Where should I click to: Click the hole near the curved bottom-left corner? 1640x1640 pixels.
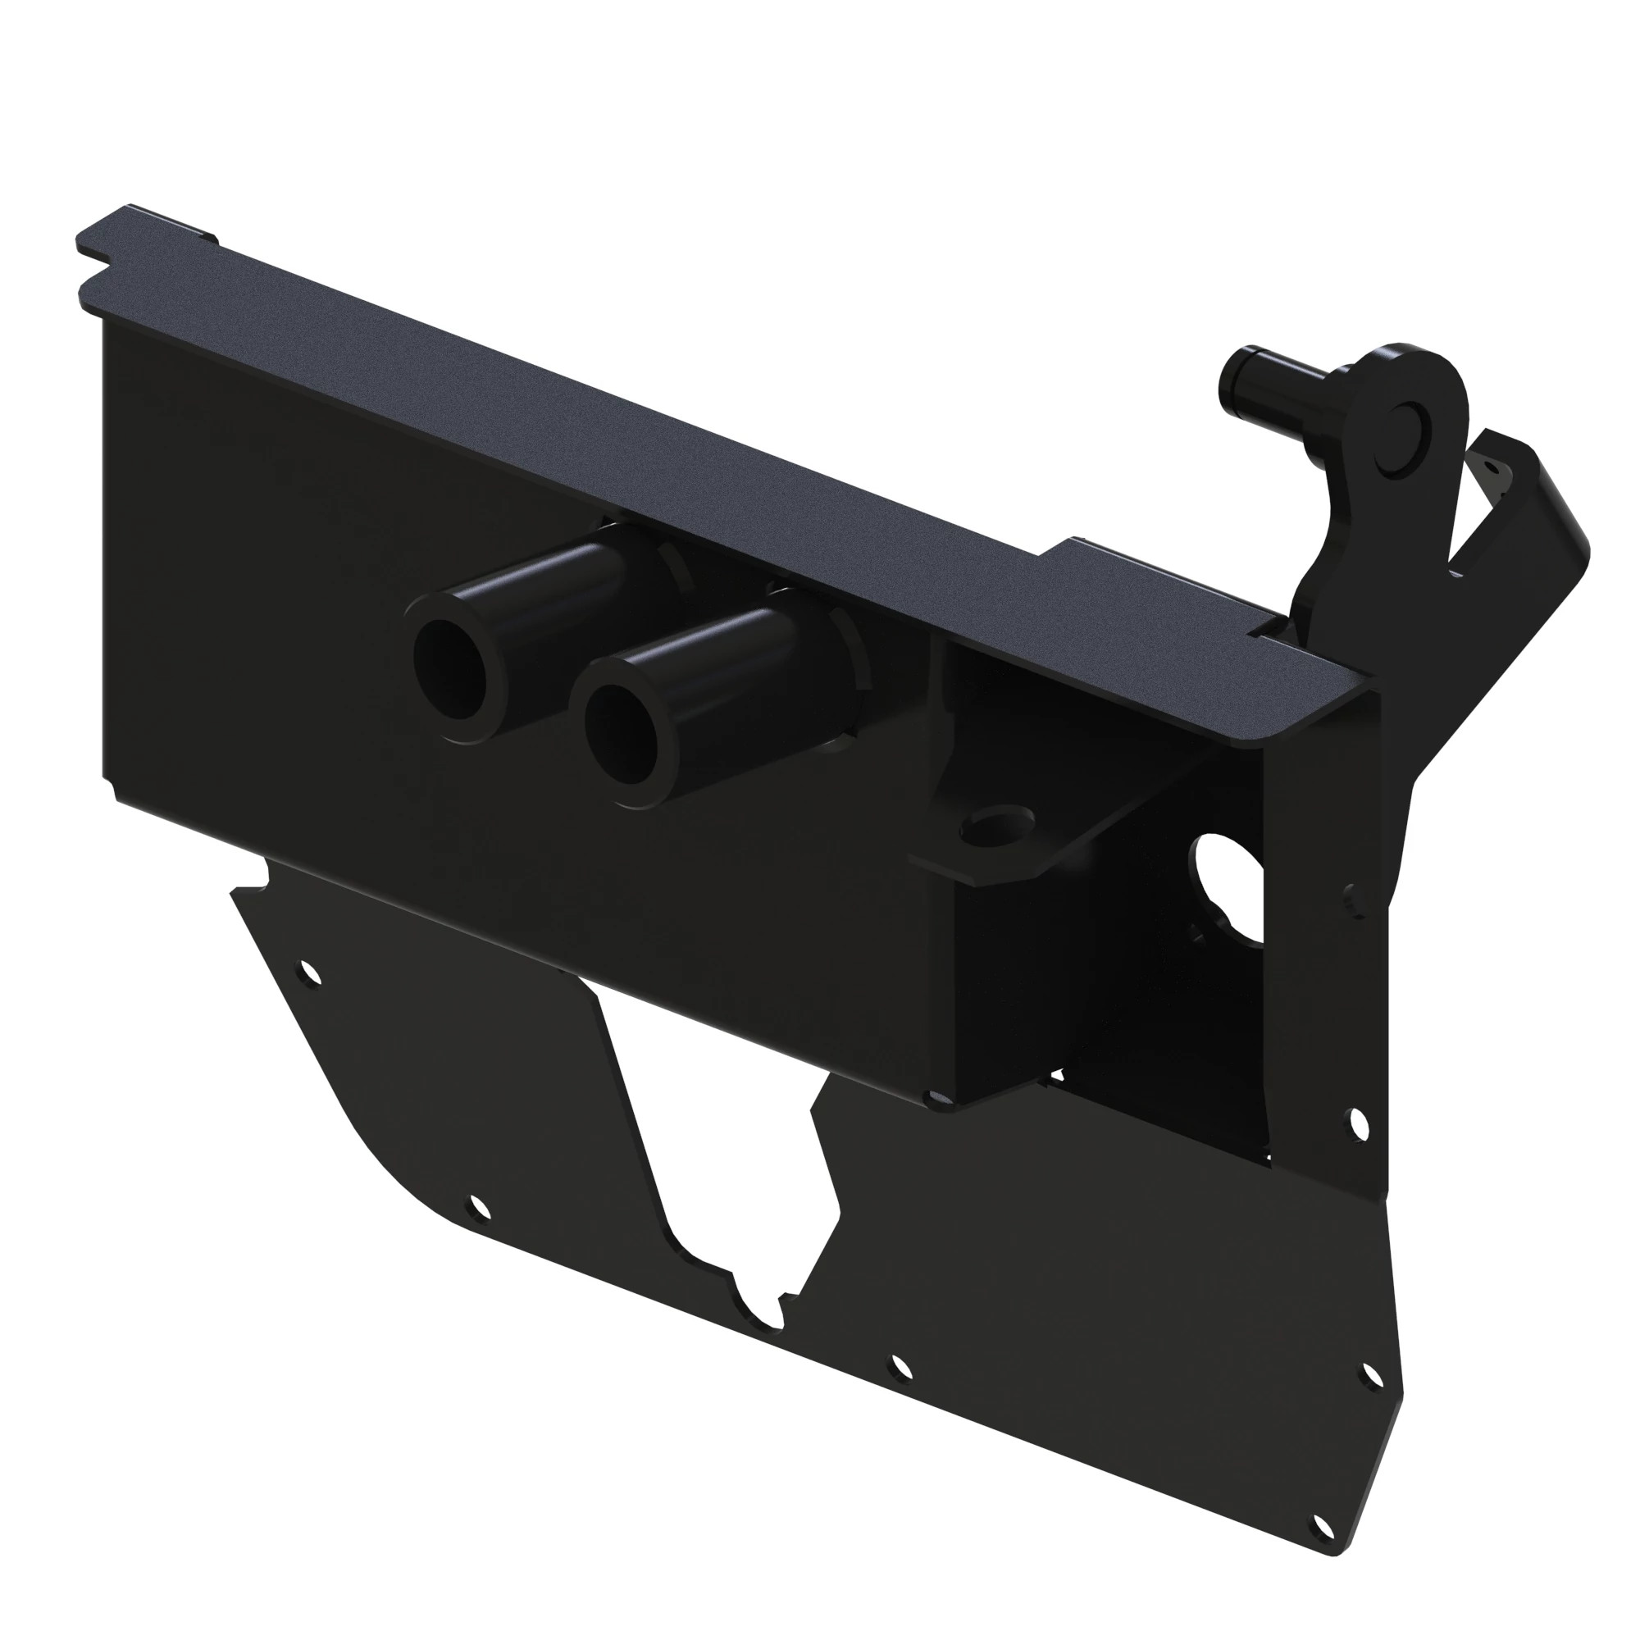coord(478,1207)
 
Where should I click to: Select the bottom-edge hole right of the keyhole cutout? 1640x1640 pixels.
coord(899,1368)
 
